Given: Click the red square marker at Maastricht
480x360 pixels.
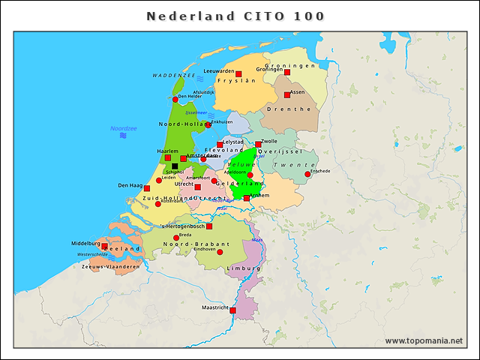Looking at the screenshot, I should pyautogui.click(x=232, y=310).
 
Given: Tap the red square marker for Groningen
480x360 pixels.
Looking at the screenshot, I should pyautogui.click(x=287, y=73).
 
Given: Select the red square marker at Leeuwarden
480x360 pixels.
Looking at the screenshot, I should pyautogui.click(x=238, y=74).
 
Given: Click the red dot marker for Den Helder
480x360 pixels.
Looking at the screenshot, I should pyautogui.click(x=175, y=99).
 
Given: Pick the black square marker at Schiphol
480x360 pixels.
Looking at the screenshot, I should pyautogui.click(x=175, y=166).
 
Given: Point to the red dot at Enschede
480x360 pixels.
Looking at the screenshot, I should pyautogui.click(x=307, y=175).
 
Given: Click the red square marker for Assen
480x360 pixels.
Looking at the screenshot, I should pyautogui.click(x=286, y=95).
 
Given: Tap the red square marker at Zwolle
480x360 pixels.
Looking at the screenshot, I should pyautogui.click(x=258, y=144).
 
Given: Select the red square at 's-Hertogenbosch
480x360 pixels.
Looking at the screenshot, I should pyautogui.click(x=209, y=226).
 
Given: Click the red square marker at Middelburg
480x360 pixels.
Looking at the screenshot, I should pyautogui.click(x=104, y=246).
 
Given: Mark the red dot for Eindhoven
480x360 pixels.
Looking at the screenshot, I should pyautogui.click(x=220, y=252).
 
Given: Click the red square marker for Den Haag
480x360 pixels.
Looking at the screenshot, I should pyautogui.click(x=147, y=188).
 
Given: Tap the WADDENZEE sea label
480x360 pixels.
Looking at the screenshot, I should pyautogui.click(x=173, y=76).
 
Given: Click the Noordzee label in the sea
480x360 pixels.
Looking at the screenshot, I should pyautogui.click(x=122, y=128).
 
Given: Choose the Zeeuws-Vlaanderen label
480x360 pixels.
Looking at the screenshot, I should pyautogui.click(x=110, y=266).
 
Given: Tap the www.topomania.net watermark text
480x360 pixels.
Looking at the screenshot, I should pyautogui.click(x=424, y=341).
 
